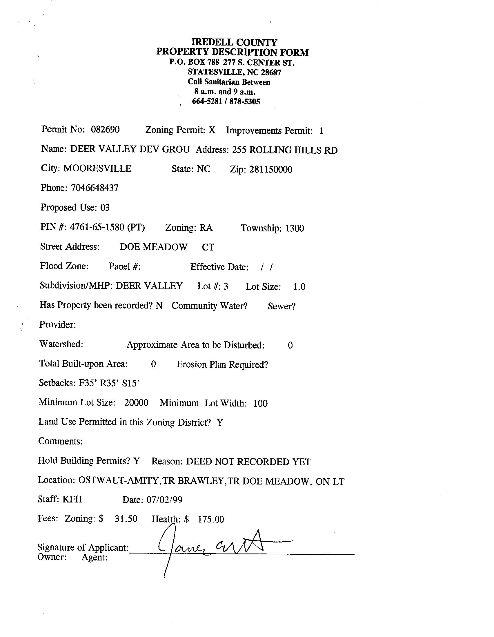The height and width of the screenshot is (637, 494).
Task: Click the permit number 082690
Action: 105,129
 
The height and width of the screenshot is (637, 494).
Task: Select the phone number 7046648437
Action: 95,188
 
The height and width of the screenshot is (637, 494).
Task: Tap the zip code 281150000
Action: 270,169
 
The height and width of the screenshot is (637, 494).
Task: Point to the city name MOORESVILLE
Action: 97,168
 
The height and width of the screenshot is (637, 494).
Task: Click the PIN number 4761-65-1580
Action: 97,227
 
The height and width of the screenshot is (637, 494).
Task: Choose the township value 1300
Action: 295,228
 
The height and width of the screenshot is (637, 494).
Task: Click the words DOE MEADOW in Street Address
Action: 154,247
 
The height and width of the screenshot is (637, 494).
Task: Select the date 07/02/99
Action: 164,500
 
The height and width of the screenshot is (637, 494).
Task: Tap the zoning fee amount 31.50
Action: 126,519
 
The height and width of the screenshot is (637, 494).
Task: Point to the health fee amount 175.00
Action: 211,520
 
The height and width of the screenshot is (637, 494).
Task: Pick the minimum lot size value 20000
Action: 136,403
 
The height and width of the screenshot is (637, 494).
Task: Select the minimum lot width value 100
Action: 260,403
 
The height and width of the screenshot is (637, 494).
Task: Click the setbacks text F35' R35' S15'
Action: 109,383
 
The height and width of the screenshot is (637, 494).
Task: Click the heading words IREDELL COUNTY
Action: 234,43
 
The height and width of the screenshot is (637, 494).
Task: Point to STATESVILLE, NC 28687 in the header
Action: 234,72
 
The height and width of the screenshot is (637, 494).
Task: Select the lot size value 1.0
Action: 299,287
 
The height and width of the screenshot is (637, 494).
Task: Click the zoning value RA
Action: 206,228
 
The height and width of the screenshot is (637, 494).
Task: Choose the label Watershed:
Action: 61,344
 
